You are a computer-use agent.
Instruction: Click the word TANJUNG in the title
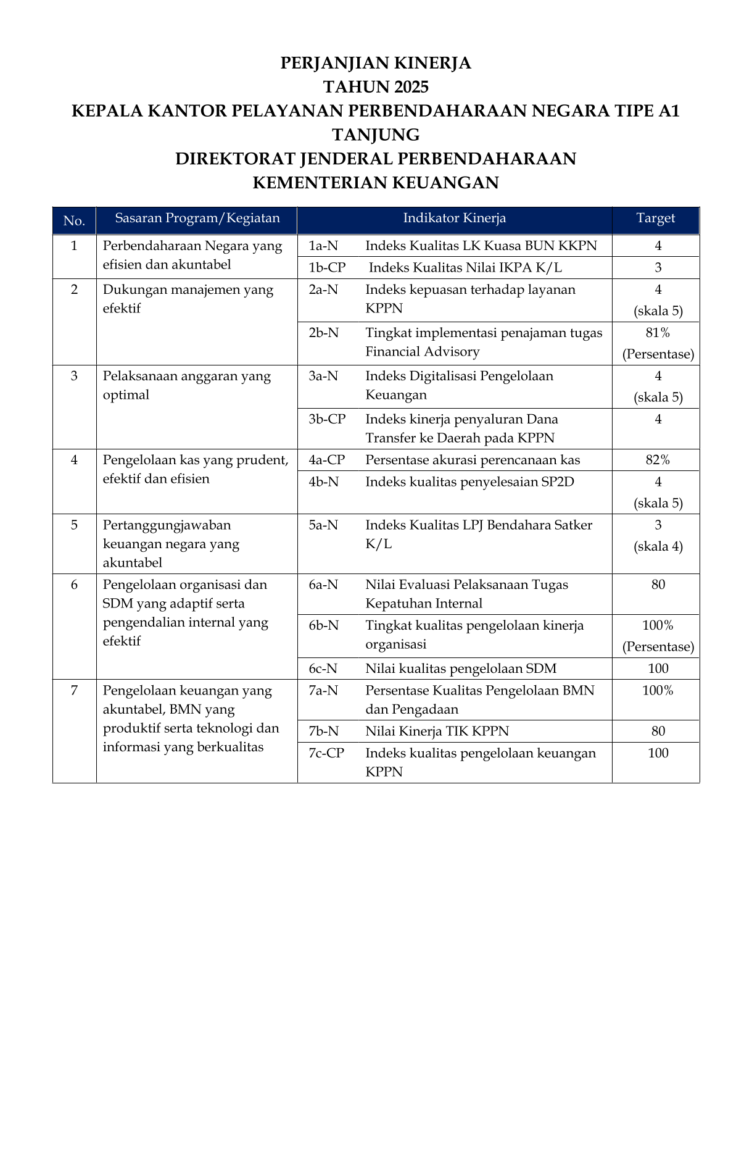[x=376, y=135]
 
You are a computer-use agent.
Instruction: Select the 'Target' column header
[x=655, y=218]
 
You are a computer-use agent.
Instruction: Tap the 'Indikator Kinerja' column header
[x=455, y=218]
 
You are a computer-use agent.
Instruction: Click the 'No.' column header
[x=74, y=220]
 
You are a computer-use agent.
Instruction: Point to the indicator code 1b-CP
[x=327, y=267]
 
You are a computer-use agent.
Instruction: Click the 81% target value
[x=658, y=333]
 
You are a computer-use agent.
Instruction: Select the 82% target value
[x=658, y=460]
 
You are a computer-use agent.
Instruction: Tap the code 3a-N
[x=323, y=376]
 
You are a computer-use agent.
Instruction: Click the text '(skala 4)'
[x=658, y=546]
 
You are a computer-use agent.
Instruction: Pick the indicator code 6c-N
[x=323, y=669]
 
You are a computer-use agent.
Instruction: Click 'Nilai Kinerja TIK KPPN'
[x=437, y=732]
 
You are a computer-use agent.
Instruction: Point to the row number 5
[x=74, y=525]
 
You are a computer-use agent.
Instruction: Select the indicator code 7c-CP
[x=326, y=753]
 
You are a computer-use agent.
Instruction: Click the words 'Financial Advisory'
[x=422, y=352]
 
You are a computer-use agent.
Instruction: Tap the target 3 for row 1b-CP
[x=658, y=267]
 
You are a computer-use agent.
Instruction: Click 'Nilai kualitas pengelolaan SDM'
[x=461, y=669]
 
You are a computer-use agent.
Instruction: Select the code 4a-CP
[x=327, y=460]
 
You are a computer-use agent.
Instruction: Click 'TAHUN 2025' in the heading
[x=376, y=86]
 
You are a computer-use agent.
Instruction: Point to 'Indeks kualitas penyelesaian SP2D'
[x=469, y=482]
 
